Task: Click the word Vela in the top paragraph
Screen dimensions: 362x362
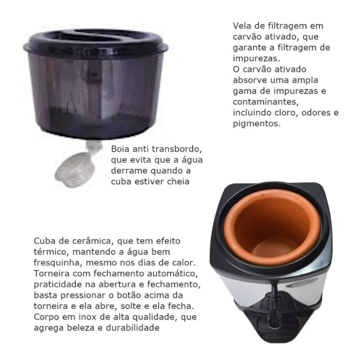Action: [x=241, y=26]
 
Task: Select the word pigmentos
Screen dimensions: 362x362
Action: [x=256, y=124]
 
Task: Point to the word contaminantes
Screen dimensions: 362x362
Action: [x=266, y=102]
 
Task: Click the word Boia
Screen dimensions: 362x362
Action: [x=120, y=149]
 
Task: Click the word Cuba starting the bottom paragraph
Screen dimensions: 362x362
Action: [x=44, y=241]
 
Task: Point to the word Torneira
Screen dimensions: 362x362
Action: [x=52, y=273]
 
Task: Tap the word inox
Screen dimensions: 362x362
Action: [x=88, y=317]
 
